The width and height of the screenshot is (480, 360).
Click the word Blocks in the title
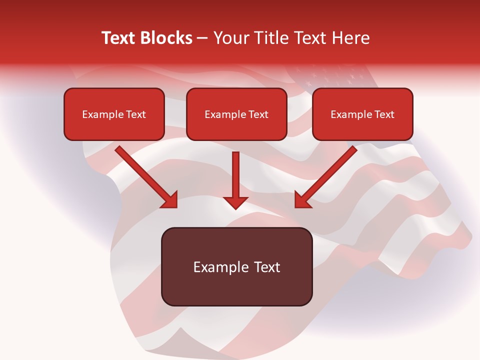coord(166,38)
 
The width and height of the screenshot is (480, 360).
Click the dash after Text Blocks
coord(202,38)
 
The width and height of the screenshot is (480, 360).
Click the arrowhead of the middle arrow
coord(235,202)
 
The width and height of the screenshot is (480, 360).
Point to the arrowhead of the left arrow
coord(170,200)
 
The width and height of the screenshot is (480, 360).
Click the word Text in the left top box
coord(136,114)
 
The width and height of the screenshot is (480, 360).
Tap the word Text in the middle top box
coord(258,114)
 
